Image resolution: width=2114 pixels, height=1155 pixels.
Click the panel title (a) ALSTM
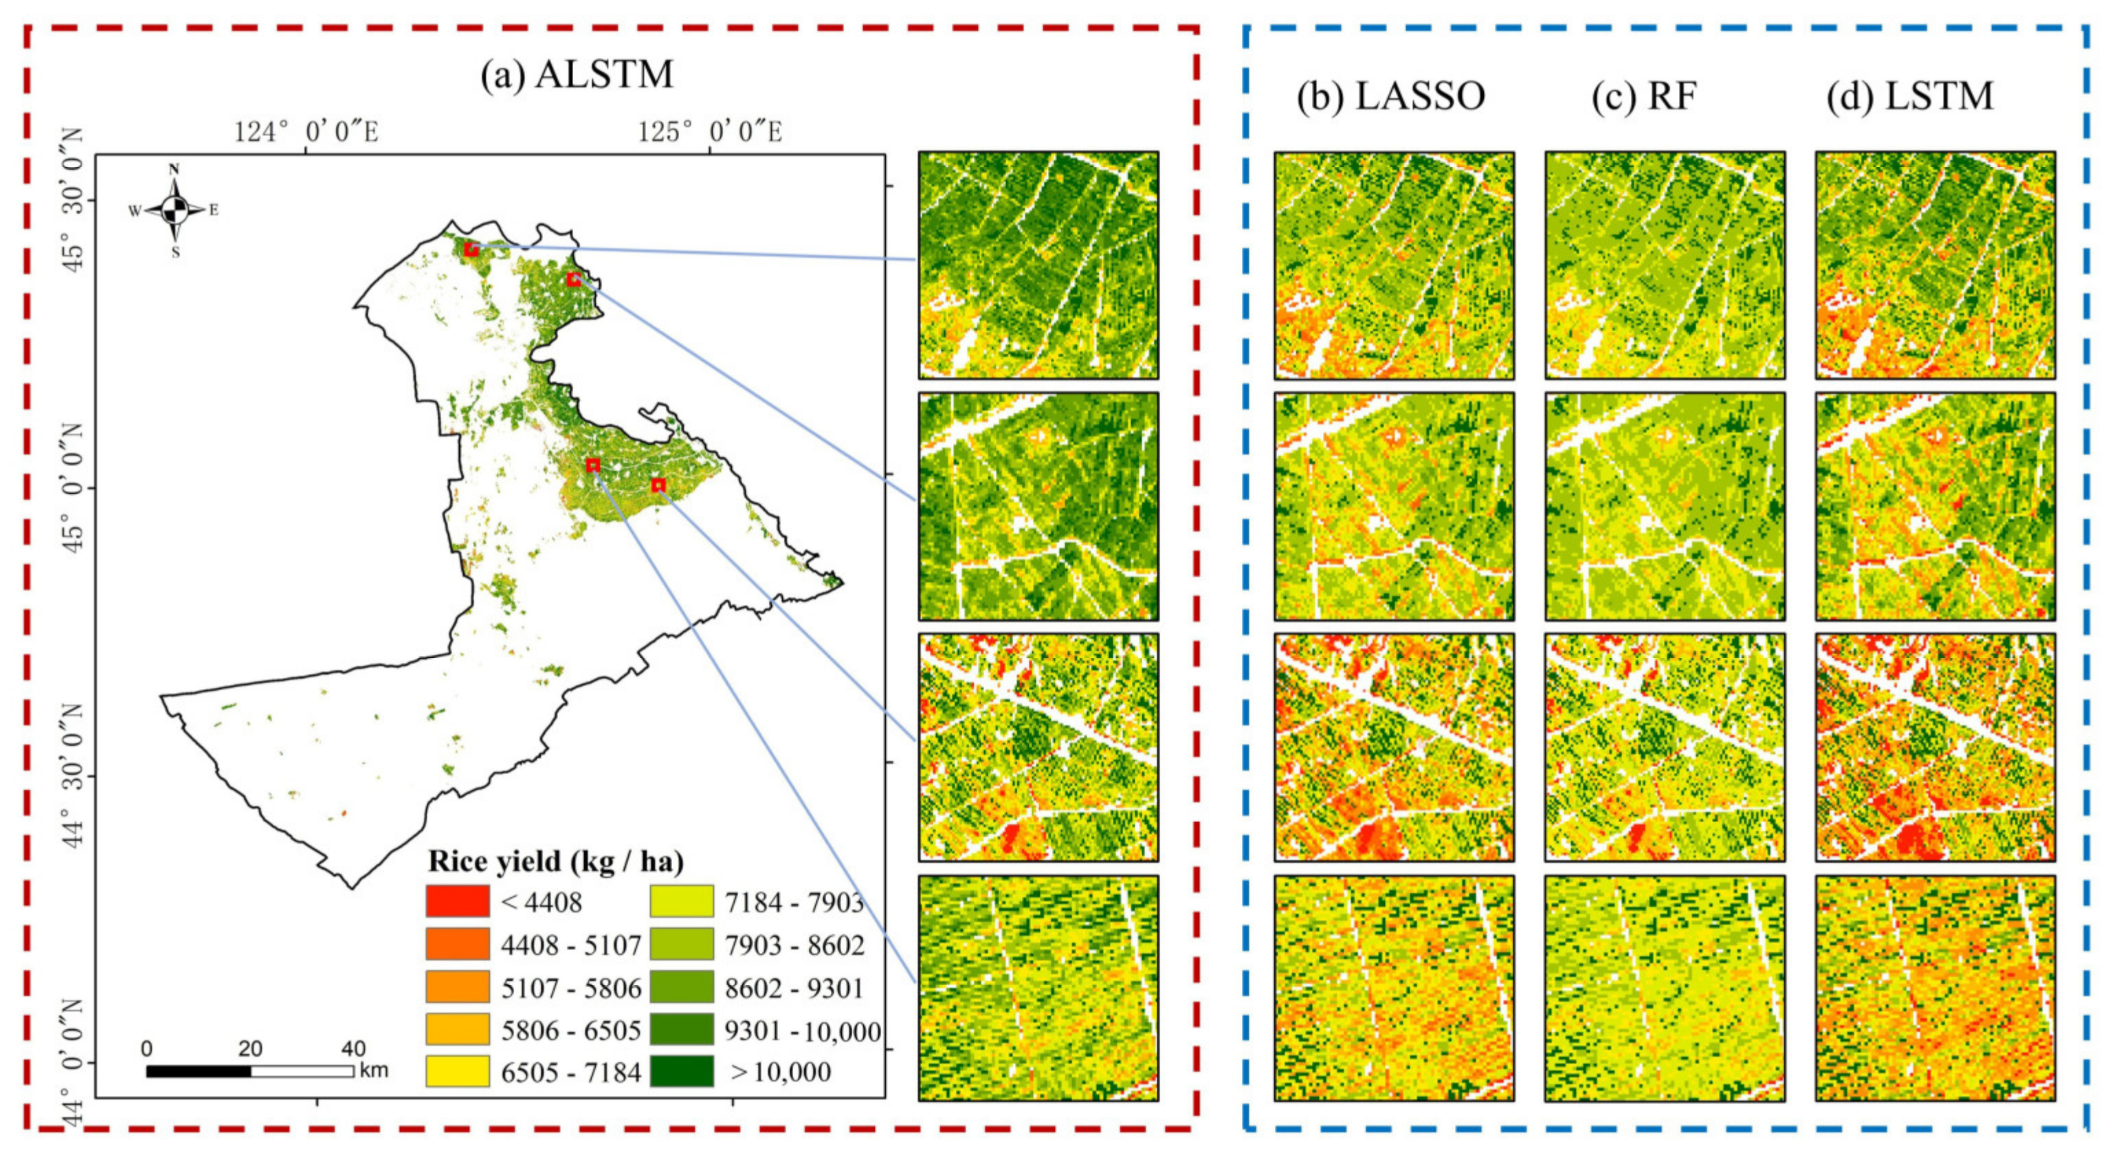(x=577, y=75)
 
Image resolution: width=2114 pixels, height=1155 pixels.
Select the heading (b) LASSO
(x=1391, y=96)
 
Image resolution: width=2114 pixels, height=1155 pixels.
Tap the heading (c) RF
(x=1644, y=96)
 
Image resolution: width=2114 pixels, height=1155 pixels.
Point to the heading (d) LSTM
(x=1911, y=96)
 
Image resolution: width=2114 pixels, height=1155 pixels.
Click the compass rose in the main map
(x=174, y=211)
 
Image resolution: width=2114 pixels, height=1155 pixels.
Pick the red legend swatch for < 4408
(x=457, y=901)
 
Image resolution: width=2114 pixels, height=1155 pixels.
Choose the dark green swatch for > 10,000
(x=682, y=1071)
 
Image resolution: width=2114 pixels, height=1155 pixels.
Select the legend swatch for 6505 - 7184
(x=457, y=1071)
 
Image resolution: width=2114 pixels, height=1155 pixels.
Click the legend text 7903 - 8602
(x=794, y=945)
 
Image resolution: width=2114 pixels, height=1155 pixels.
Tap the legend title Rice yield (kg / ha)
(x=555, y=861)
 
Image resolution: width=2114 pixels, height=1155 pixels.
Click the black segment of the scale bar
(x=199, y=1071)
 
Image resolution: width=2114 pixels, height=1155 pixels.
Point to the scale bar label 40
(x=354, y=1048)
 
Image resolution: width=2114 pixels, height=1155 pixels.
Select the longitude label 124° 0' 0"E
(x=306, y=131)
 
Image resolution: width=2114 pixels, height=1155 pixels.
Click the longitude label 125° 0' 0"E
(x=710, y=131)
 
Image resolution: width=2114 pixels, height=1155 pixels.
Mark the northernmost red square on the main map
(x=471, y=249)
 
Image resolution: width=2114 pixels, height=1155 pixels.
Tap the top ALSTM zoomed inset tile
(x=1038, y=264)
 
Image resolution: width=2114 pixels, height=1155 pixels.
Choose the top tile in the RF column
(x=1665, y=264)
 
